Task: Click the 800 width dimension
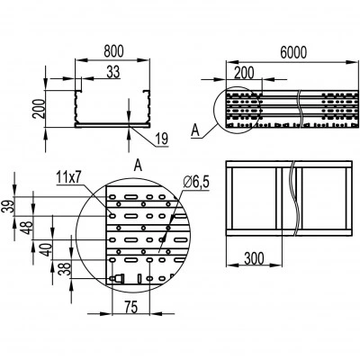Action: (x=113, y=51)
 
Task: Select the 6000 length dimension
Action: (x=293, y=52)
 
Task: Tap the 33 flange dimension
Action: (x=113, y=72)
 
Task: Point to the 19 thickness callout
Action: (x=162, y=139)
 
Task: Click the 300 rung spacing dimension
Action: (x=254, y=258)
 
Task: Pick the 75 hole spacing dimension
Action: (x=130, y=307)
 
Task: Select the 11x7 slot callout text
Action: (x=68, y=178)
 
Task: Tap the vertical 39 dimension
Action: (x=11, y=206)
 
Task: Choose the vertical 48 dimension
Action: (x=28, y=228)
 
